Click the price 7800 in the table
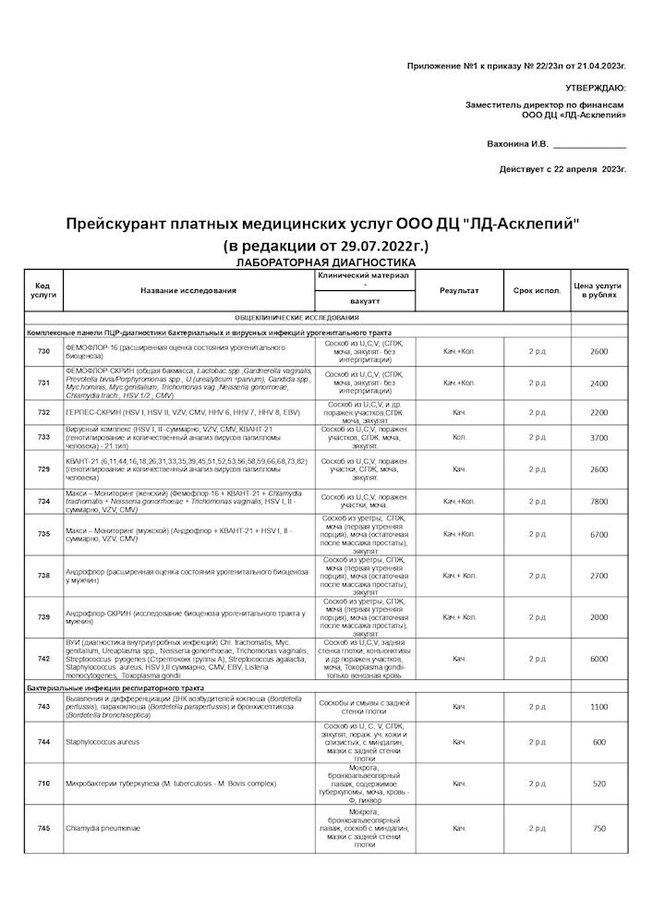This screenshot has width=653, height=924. [x=599, y=502]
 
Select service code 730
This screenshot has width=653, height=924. [x=43, y=352]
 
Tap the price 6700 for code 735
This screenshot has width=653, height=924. [x=599, y=534]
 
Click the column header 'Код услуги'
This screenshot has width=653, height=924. [x=43, y=290]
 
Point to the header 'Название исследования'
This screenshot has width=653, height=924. [x=188, y=290]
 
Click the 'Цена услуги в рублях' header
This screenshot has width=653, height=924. [x=599, y=290]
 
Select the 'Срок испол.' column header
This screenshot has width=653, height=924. [x=537, y=290]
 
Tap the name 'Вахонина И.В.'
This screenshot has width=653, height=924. [x=517, y=144]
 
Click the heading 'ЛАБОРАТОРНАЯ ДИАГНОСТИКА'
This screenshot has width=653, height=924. [x=326, y=262]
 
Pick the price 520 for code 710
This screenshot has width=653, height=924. [x=599, y=784]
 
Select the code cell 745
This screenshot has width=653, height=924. [x=43, y=829]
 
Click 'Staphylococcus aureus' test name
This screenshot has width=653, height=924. [x=102, y=742]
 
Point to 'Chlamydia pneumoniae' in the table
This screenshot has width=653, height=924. [x=103, y=829]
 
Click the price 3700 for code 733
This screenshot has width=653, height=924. [x=599, y=437]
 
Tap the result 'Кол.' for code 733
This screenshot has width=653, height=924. [x=459, y=437]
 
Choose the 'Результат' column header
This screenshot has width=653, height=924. [x=459, y=290]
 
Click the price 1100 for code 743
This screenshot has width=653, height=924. [x=599, y=707]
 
